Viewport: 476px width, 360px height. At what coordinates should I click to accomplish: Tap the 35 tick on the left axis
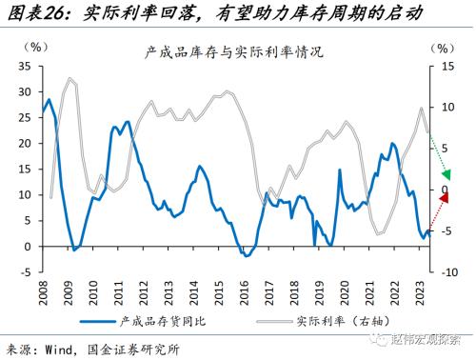28,68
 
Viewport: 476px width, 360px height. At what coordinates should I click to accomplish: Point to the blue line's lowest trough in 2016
246,255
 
